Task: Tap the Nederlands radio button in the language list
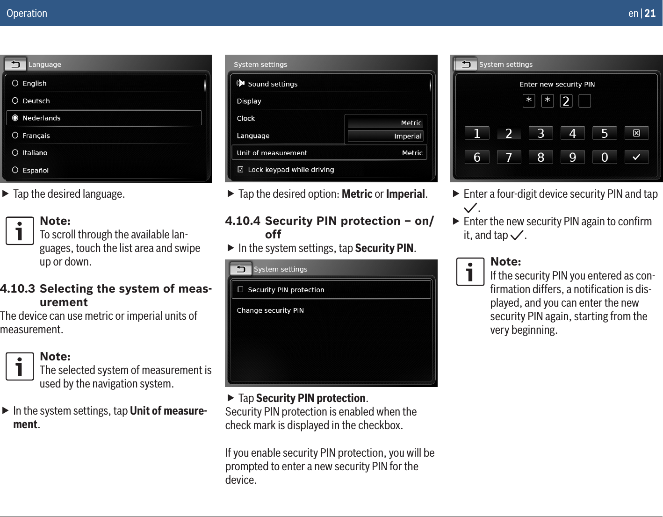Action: [x=15, y=118]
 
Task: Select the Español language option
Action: [x=36, y=170]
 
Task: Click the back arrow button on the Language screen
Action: [x=15, y=65]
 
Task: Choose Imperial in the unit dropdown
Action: [x=386, y=136]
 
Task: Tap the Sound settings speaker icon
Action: [x=240, y=83]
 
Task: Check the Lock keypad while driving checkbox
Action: [x=240, y=170]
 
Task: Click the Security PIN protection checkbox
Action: [x=240, y=289]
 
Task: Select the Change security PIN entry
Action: [x=270, y=310]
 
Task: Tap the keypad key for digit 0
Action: [x=604, y=157]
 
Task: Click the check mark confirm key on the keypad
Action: [x=636, y=157]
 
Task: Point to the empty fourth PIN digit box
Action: [x=584, y=101]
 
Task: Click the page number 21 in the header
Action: [x=650, y=13]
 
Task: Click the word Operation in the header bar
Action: [x=27, y=13]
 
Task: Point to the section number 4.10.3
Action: [x=17, y=288]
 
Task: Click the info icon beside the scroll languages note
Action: [x=20, y=230]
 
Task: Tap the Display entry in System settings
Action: [x=249, y=101]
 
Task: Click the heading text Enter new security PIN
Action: [x=557, y=84]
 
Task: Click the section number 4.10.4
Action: [x=243, y=221]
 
